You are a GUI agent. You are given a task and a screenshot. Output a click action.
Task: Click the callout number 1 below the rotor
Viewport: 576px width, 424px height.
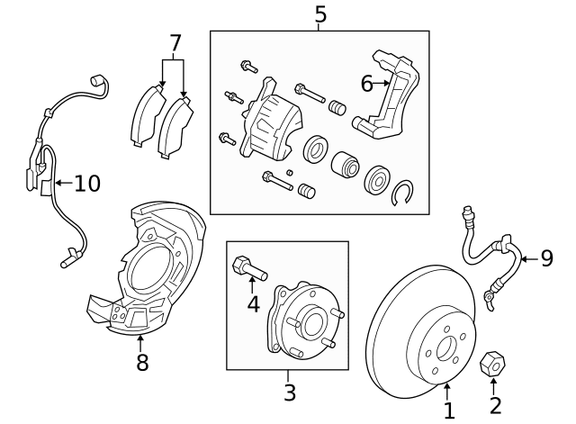click(x=449, y=410)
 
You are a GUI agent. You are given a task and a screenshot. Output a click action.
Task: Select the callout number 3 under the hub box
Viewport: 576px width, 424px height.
click(x=289, y=392)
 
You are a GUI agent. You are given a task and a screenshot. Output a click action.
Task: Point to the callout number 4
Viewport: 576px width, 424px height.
click(x=254, y=304)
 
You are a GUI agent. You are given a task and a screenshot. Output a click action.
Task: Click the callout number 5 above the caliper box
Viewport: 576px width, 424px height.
click(x=319, y=14)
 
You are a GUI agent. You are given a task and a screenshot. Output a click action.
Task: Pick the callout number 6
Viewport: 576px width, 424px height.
click(x=366, y=84)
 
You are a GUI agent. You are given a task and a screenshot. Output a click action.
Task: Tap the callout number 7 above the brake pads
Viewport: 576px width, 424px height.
click(x=175, y=42)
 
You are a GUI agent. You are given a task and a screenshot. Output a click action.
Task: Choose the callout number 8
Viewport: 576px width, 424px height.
click(x=141, y=363)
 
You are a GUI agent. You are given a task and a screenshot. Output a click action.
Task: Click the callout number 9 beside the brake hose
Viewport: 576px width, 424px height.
click(x=546, y=259)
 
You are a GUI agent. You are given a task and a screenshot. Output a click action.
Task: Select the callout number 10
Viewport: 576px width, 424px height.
click(x=86, y=184)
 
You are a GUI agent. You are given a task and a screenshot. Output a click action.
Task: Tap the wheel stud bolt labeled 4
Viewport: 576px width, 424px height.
click(x=246, y=267)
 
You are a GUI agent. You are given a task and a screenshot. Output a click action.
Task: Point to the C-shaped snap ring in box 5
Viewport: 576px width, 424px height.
click(x=404, y=191)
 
